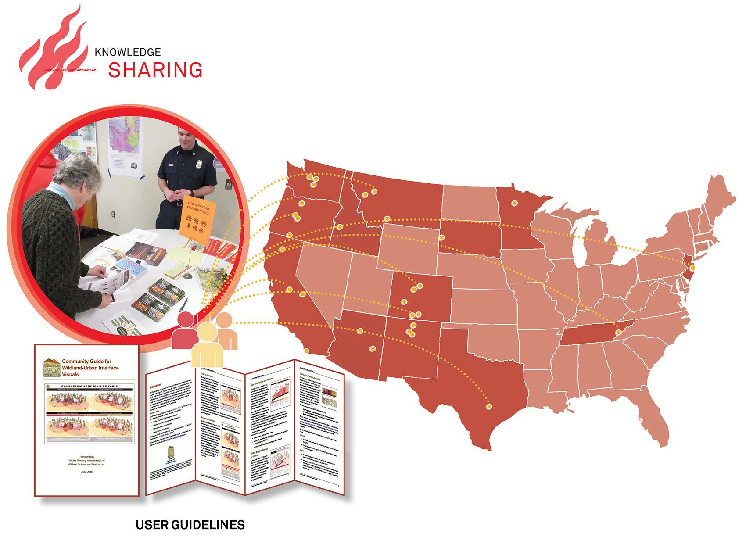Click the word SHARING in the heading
point(155,70)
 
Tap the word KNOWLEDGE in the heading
point(128,52)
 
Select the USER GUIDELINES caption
point(190,525)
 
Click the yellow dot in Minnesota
point(515,203)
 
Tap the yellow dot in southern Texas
point(489,407)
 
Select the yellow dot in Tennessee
point(619,332)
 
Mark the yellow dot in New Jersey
point(692,267)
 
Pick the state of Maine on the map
point(720,197)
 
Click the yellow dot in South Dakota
point(442,237)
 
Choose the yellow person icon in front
point(207,347)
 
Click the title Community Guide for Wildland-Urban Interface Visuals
point(90,368)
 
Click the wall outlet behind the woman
point(113,214)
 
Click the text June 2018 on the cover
point(87,472)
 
